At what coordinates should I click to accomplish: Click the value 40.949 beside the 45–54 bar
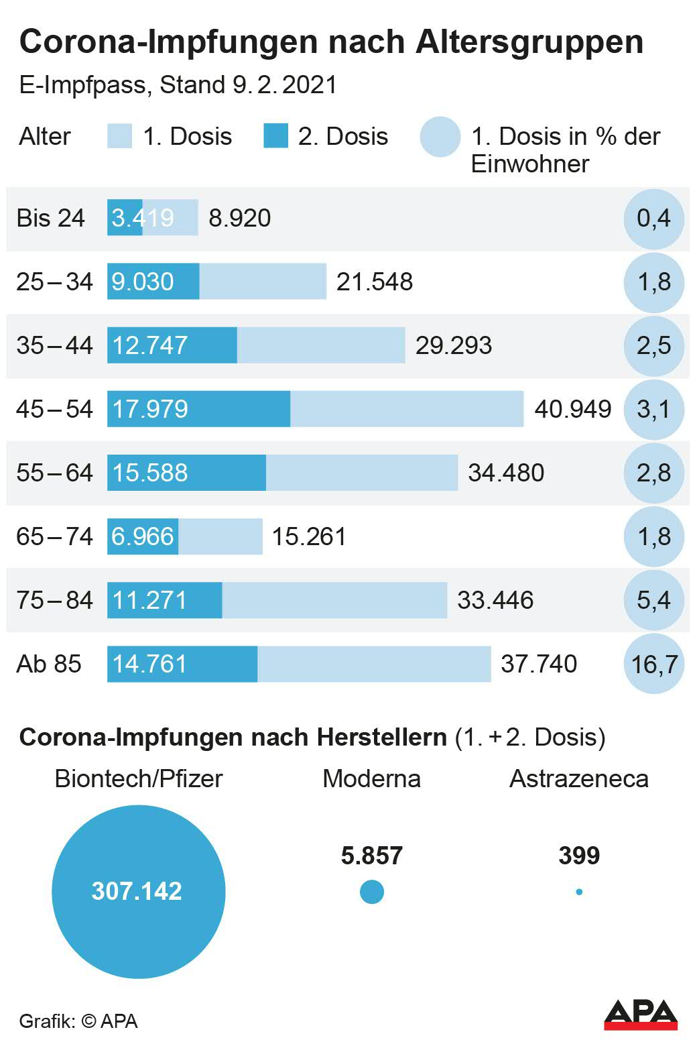(572, 409)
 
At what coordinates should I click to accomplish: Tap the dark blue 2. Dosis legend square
(275, 136)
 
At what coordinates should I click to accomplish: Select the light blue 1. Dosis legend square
(119, 136)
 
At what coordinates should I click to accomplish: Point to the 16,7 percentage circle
(653, 664)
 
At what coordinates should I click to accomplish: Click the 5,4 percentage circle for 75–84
(653, 600)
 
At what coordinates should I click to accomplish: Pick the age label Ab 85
(49, 664)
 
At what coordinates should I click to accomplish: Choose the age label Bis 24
(51, 218)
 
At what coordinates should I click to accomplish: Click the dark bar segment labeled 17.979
(198, 409)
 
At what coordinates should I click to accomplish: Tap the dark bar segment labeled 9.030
(153, 282)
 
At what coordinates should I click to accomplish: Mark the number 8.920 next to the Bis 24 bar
(239, 218)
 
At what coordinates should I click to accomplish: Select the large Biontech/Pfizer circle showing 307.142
(138, 892)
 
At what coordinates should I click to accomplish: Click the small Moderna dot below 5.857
(372, 892)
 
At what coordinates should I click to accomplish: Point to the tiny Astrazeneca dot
(579, 892)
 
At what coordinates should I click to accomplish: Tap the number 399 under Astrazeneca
(579, 856)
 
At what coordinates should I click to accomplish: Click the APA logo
(640, 1014)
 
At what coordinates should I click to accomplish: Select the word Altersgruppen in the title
(529, 42)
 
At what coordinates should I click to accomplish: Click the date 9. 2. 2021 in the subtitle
(284, 85)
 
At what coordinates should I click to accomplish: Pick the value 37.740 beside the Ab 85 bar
(539, 664)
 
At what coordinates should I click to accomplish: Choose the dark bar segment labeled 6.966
(143, 536)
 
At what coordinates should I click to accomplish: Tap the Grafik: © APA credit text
(78, 1021)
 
